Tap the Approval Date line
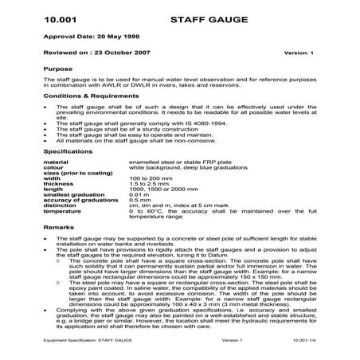point(84,37)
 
